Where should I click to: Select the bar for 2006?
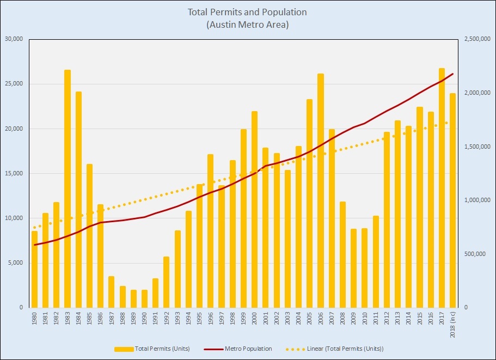coord(321,191)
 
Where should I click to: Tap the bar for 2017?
coord(442,188)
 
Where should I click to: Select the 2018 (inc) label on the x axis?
coord(453,322)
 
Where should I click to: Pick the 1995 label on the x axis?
coord(200,318)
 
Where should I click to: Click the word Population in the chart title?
coord(287,12)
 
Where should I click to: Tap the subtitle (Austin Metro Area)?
coord(247,25)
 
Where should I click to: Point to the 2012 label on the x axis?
coord(387,318)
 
